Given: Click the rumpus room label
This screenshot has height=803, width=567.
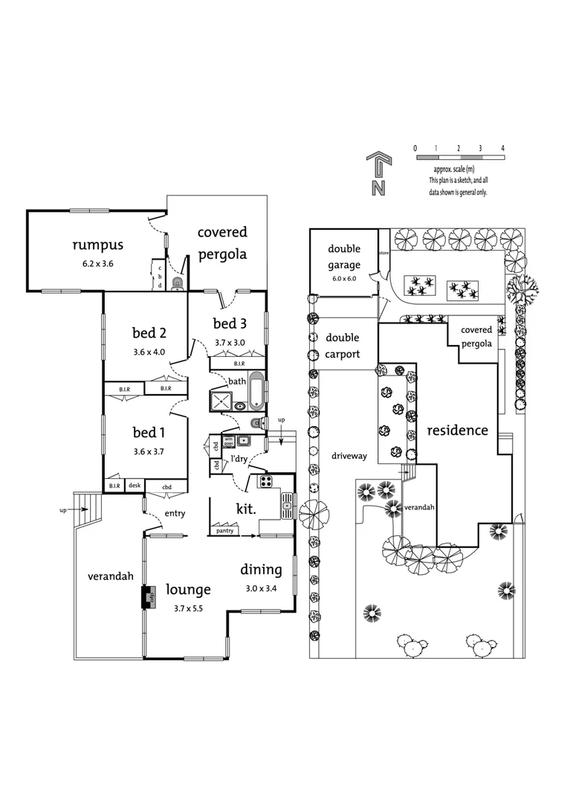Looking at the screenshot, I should tap(97, 245).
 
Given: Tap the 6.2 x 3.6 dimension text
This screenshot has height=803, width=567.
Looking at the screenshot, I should tap(97, 263).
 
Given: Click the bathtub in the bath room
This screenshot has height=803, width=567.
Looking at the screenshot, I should tap(256, 391).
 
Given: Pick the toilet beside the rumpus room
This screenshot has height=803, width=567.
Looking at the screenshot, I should tap(177, 283).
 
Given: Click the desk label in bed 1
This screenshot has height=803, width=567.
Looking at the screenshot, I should tap(135, 486).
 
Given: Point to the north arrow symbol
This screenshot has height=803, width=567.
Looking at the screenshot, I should tap(378, 175).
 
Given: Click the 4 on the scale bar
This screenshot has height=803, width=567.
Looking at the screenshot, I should tap(503, 149).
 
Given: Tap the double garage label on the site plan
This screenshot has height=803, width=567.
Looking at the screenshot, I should tap(343, 257).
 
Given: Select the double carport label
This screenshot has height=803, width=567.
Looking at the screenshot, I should tap(343, 346).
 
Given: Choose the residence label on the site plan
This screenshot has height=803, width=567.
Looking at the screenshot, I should tap(457, 430).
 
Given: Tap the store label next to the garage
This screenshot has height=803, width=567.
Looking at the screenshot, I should tap(383, 252).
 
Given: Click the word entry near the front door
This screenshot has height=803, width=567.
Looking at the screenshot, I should tap(175, 513).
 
